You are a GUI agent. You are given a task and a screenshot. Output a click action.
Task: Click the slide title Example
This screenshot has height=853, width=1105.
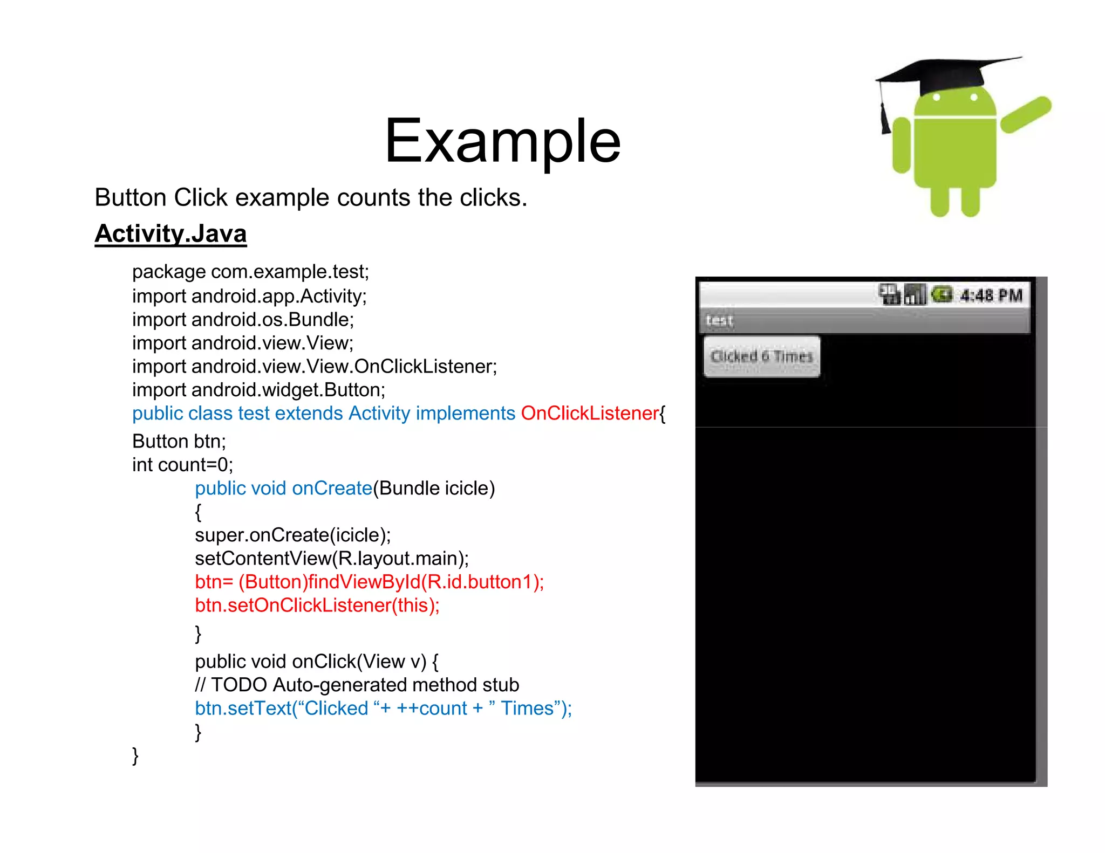(502, 141)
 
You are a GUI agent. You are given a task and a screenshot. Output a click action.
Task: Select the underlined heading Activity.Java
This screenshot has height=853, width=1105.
(170, 234)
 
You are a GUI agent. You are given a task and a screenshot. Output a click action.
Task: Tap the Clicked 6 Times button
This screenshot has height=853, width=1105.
(761, 356)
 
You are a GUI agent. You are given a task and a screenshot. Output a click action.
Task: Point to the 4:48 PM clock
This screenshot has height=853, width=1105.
(991, 295)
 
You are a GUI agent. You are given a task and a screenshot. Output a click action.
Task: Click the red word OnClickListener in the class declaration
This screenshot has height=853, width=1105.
(589, 414)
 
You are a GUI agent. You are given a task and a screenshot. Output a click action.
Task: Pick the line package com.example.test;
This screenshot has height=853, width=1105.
(250, 272)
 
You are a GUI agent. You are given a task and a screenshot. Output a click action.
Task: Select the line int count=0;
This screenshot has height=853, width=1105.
(182, 465)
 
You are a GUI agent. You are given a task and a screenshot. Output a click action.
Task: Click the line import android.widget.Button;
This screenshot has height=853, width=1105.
(258, 390)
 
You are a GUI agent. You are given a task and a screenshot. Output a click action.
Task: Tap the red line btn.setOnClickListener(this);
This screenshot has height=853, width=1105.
(317, 606)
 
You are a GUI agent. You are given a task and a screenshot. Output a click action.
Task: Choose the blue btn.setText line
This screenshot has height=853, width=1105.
(383, 708)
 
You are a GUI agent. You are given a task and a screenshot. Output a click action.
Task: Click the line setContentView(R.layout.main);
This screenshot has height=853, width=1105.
(332, 559)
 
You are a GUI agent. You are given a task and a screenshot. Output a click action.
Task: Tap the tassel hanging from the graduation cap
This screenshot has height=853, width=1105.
(884, 119)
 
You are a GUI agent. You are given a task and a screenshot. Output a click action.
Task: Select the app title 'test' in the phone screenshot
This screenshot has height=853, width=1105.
(719, 321)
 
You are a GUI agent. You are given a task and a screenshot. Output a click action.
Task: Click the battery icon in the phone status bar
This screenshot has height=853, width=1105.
(942, 294)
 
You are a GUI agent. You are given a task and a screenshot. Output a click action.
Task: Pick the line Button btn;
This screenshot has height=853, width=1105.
(179, 442)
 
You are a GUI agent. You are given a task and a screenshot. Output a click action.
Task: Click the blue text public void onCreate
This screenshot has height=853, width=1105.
(283, 489)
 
